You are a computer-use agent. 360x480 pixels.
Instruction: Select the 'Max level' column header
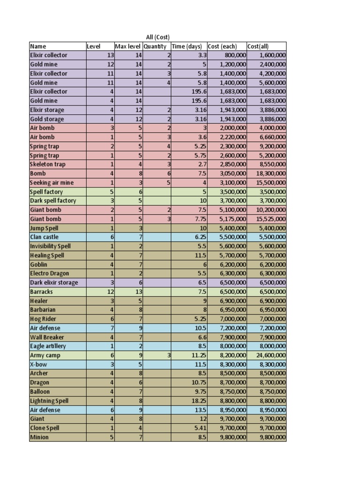pyautogui.click(x=128, y=46)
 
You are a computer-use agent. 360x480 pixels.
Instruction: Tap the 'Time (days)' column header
pyautogui.click(x=187, y=46)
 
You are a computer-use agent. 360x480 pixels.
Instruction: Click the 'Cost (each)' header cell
pyautogui.click(x=222, y=46)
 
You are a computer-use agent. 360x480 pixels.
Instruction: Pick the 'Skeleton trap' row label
pyautogui.click(x=48, y=165)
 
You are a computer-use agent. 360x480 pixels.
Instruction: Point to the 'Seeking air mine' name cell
pyautogui.click(x=52, y=183)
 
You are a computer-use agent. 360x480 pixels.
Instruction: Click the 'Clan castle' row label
pyautogui.click(x=45, y=237)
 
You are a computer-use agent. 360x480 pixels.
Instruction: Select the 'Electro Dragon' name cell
pyautogui.click(x=50, y=274)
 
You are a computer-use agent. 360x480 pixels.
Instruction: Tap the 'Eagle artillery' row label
pyautogui.click(x=48, y=346)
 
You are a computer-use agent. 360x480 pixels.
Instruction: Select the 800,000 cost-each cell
pyautogui.click(x=235, y=55)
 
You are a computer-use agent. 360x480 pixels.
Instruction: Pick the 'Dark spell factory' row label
pyautogui.click(x=53, y=201)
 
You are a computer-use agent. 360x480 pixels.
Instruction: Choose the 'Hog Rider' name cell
pyautogui.click(x=43, y=319)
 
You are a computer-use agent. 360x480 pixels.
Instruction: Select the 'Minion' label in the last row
pyautogui.click(x=39, y=437)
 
